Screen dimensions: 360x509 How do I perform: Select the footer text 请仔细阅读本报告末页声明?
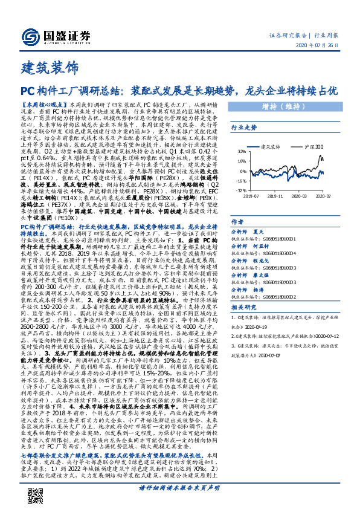[x=179, y=487]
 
